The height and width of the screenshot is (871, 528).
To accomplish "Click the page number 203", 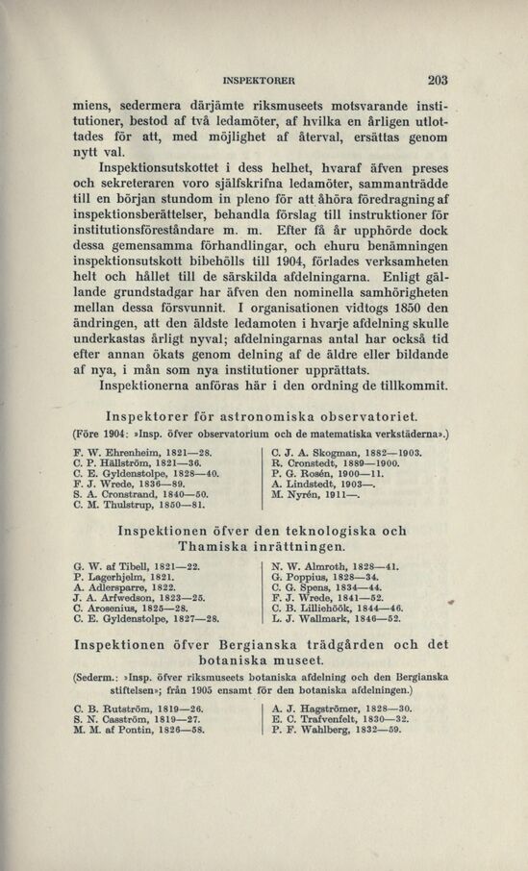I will coord(439,82).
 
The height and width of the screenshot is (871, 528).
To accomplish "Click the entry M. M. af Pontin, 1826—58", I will coord(139,730).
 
